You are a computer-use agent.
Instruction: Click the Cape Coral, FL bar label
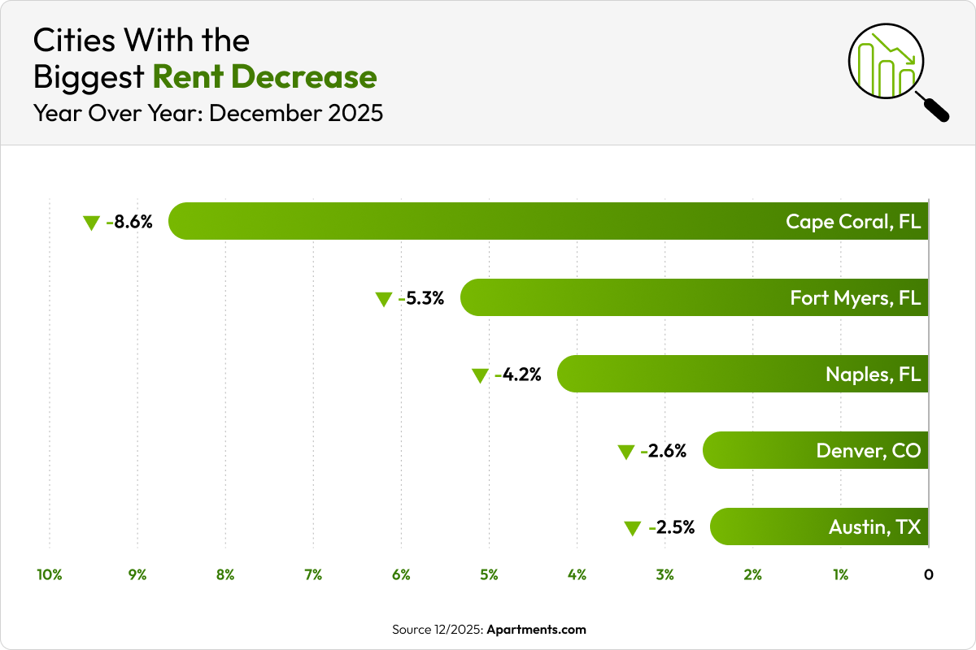[x=853, y=221]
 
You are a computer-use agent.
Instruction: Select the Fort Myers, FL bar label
[x=855, y=297]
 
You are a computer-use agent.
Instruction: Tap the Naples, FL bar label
[x=873, y=374]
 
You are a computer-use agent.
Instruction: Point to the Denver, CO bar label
[x=869, y=450]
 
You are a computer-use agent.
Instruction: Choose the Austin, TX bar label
[x=874, y=526]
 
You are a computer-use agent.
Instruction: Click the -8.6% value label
[x=129, y=221]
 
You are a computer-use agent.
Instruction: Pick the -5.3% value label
[x=421, y=297]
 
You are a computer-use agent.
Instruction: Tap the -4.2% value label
[x=518, y=374]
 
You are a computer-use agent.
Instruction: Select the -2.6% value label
[x=664, y=450]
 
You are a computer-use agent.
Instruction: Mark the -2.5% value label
[x=671, y=526]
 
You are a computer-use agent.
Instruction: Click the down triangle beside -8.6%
[x=91, y=223]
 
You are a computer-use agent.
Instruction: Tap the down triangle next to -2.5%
[x=632, y=529]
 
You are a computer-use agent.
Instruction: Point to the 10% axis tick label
[x=50, y=574]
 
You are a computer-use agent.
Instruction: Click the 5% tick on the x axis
[x=489, y=574]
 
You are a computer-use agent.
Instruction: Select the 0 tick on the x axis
[x=928, y=574]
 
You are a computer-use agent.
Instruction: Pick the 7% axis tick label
[x=313, y=574]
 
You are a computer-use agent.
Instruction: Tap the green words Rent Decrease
[x=264, y=76]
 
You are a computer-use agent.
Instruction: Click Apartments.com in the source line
[x=536, y=630]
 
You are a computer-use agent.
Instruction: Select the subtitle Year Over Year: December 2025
[x=207, y=113]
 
